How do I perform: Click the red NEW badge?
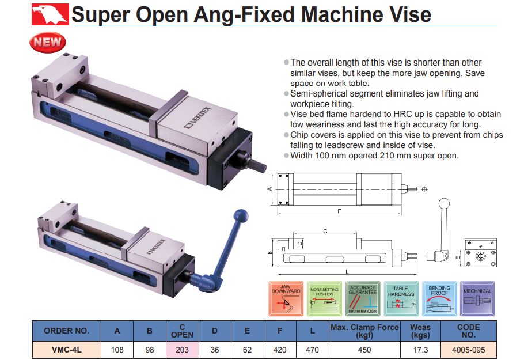pos(48,41)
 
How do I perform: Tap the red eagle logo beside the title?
pos(50,13)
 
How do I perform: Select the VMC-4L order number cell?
pos(66,349)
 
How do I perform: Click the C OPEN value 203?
pos(183,349)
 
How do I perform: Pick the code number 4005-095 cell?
pos(468,349)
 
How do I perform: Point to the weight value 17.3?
pos(420,349)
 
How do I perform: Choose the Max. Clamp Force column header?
pos(364,331)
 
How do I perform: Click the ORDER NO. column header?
pos(66,331)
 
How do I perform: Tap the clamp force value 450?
pos(364,349)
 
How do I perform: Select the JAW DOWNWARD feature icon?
pos(286,298)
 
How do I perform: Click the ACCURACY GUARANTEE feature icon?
pos(362,298)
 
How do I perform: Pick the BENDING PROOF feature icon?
pos(439,298)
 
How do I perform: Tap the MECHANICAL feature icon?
pos(477,298)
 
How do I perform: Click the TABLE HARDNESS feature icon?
pos(401,298)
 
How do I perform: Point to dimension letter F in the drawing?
pos(339,211)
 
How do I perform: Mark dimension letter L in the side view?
pos(347,271)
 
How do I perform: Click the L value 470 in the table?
pos(311,349)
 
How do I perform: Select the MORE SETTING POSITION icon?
pos(324,298)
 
